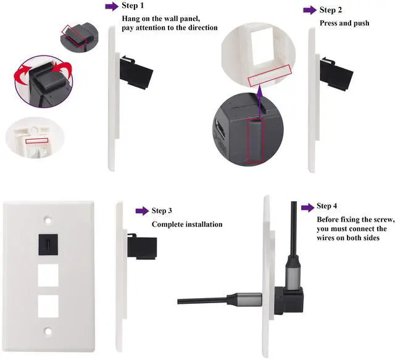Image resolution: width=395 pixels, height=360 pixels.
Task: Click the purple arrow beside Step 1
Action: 112,6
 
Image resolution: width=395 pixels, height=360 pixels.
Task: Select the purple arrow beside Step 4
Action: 307,206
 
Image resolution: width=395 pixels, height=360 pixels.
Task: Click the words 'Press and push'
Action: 344,23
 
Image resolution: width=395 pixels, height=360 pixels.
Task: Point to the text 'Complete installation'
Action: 187,224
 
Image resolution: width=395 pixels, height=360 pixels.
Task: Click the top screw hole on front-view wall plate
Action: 48,219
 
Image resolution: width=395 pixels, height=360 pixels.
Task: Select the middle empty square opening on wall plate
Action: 48,275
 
